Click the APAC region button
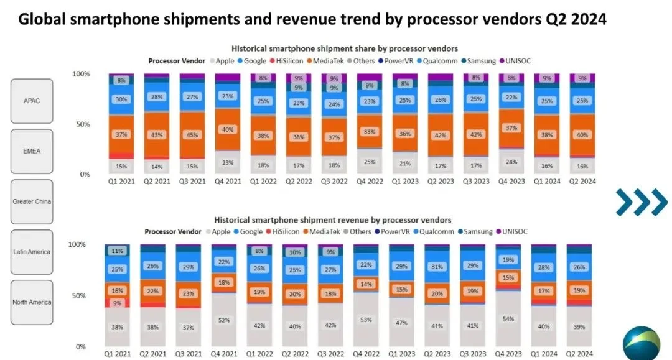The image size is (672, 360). tap(32, 101)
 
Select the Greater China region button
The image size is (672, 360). tap(32, 201)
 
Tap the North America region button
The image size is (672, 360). tap(32, 302)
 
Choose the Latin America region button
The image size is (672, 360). tap(32, 252)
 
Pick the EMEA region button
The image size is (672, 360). tap(32, 151)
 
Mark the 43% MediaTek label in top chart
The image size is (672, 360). tap(156, 135)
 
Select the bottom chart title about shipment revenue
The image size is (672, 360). tap(333, 220)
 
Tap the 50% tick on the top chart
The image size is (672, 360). tap(82, 124)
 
